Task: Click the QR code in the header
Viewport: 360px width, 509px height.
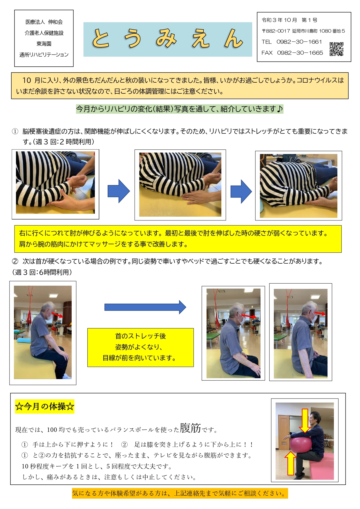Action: (337, 49)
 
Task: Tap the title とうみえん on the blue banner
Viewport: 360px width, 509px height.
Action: (168, 39)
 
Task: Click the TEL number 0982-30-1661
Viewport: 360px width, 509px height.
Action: (299, 42)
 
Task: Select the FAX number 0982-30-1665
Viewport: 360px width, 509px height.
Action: (300, 53)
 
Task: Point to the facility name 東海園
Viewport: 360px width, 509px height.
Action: (44, 44)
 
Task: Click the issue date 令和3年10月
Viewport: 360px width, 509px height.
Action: (279, 20)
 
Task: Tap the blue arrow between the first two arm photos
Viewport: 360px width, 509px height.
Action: (119, 191)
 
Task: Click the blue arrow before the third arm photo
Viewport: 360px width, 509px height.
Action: (241, 191)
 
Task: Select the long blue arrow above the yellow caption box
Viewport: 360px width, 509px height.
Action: (145, 307)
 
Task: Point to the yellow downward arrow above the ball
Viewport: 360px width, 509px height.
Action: (305, 421)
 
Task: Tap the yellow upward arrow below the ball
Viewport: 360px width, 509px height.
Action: (290, 463)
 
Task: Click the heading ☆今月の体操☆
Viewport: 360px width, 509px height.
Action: (45, 406)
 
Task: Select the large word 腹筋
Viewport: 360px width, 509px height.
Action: (190, 428)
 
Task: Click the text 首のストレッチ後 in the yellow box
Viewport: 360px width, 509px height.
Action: (140, 336)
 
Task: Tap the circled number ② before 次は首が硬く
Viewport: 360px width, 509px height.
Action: (15, 261)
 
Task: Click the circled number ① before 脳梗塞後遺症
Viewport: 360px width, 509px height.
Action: (15, 131)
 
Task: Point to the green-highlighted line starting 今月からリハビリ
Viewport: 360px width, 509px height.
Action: (180, 109)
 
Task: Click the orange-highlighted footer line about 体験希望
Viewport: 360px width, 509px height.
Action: (180, 493)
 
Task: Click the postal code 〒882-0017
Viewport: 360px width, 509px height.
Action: (276, 31)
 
